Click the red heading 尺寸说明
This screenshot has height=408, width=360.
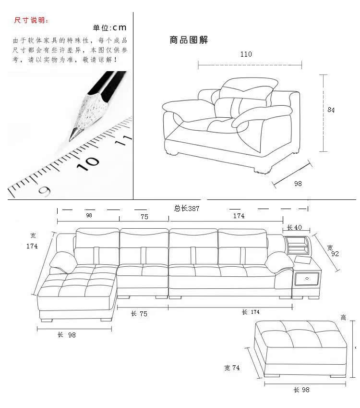click(31, 21)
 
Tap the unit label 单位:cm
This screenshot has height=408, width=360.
click(109, 28)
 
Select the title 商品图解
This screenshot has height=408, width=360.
click(189, 40)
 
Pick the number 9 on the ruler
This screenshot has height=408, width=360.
click(45, 191)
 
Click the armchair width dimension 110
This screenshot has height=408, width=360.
click(246, 54)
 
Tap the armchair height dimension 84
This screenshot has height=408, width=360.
click(331, 110)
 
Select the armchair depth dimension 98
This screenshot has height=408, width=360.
click(298, 183)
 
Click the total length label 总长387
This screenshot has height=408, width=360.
click(186, 209)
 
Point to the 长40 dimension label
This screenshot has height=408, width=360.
click(294, 227)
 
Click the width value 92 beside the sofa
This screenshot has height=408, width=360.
click(335, 254)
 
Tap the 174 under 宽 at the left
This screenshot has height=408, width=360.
click(32, 246)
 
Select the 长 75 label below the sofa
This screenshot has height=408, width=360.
click(139, 314)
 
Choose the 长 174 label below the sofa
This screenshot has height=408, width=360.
click(251, 312)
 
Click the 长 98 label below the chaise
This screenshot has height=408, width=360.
click(67, 335)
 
